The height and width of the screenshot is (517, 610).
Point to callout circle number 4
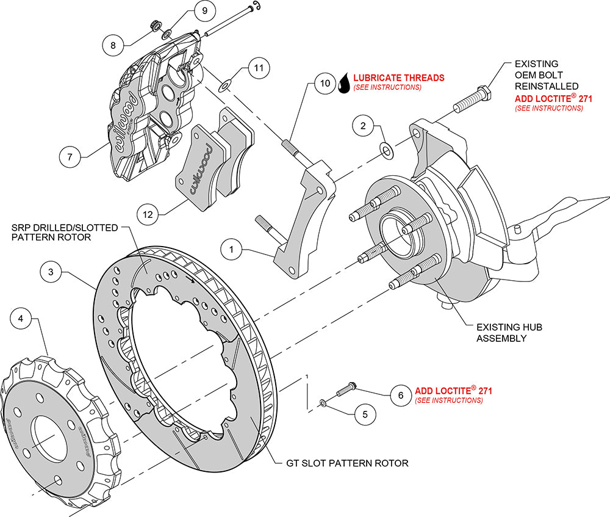(21, 318)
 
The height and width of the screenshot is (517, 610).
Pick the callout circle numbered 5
(365, 413)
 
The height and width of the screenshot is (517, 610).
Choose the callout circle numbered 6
(400, 395)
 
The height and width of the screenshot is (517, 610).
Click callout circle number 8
(113, 44)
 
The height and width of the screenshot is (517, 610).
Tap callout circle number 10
(325, 82)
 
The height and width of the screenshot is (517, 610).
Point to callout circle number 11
(259, 68)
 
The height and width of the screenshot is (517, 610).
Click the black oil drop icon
(344, 82)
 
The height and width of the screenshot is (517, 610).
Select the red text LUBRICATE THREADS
(399, 78)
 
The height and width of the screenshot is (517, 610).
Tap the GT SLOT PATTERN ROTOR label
(347, 463)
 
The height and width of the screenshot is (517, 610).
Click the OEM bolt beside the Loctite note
(472, 98)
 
